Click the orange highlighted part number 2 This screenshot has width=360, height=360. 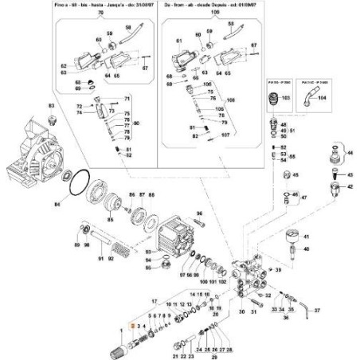coord(132,327)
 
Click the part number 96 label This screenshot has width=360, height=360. coord(200,214)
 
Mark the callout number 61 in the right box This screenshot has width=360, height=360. coord(178,40)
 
